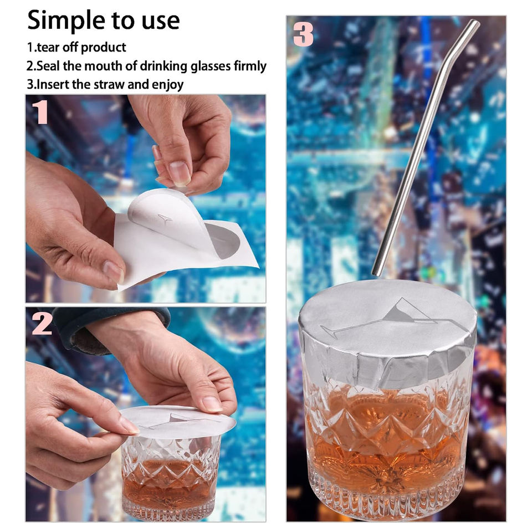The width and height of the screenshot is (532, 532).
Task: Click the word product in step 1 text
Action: point(104,47)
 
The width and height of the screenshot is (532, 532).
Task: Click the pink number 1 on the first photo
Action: point(40,112)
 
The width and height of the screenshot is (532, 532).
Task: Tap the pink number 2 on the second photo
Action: point(42,323)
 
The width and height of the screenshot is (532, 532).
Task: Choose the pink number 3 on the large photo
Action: point(303,34)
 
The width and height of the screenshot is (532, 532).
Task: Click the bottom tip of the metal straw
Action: point(376,273)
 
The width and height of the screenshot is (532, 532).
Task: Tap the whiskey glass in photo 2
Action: point(171,475)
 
